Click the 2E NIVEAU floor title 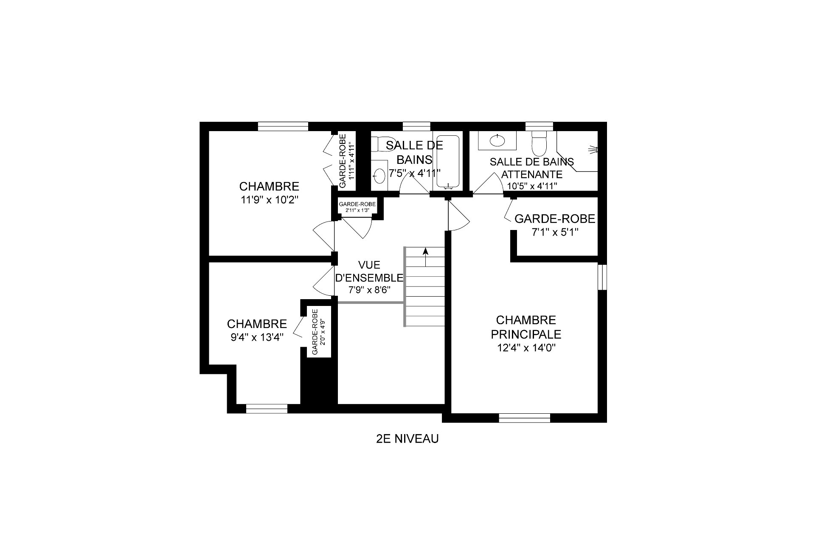point(407,439)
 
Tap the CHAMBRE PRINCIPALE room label point(526,327)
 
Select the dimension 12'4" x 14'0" point(526,348)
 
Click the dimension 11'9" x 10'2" point(269,200)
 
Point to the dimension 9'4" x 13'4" point(257,337)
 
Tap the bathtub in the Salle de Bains point(448,161)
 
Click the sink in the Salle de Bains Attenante point(497,140)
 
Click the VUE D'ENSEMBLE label point(369,271)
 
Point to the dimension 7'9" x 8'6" point(369,290)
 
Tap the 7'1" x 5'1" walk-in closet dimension point(555,233)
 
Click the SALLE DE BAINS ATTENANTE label point(532,168)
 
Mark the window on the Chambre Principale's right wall point(602,277)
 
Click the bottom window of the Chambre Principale point(525,418)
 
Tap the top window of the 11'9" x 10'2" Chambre point(283,126)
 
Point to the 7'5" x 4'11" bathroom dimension point(415,173)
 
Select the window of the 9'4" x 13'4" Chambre point(267,409)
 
